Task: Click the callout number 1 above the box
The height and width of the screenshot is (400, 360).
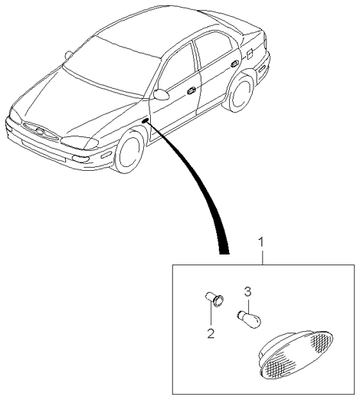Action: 261,242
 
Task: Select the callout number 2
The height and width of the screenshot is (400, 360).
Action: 211,333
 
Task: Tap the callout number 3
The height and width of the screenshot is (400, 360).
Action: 247,292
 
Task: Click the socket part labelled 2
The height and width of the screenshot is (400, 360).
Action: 214,300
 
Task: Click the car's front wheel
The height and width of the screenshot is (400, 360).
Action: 129,151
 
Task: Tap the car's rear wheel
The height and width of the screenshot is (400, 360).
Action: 239,92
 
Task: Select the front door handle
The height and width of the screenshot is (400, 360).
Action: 191,90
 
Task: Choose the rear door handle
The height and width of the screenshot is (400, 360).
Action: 234,64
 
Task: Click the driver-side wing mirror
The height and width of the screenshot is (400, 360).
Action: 161,94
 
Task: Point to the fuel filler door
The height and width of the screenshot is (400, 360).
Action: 249,54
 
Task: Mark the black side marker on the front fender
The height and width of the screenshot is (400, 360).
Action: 146,120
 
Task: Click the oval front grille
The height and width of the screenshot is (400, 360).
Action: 41,131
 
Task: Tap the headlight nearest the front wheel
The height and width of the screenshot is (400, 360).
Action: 80,142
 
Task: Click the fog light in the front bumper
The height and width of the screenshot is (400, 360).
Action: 80,159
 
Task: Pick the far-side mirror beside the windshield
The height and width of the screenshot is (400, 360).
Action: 69,55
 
